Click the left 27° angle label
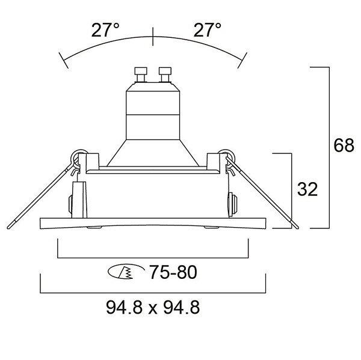tap(105, 30)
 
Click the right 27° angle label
tap(208, 30)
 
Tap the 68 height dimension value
tap(344, 145)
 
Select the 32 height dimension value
tap(307, 189)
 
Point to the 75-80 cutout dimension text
tap(173, 272)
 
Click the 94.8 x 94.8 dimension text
tap(153, 308)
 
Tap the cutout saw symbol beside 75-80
tap(126, 272)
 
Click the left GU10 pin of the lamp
tap(141, 75)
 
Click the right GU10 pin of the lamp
tap(165, 75)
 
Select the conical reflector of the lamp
tap(153, 153)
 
